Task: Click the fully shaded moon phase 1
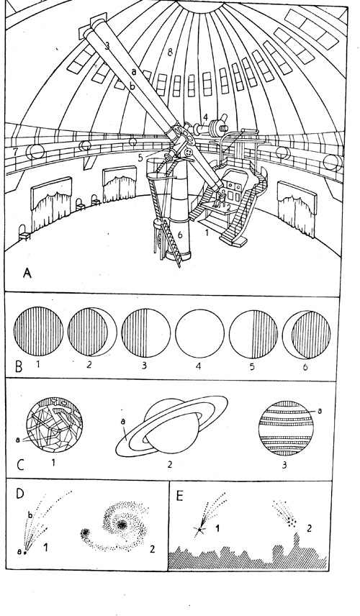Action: [x=38, y=332]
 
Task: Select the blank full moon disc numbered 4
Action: [x=199, y=333]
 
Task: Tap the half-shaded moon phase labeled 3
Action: [x=146, y=332]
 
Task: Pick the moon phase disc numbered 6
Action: [x=306, y=334]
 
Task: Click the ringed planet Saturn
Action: [x=172, y=427]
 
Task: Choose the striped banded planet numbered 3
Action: [x=286, y=428]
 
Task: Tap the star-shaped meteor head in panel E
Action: [x=200, y=530]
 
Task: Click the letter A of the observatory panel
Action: [x=27, y=273]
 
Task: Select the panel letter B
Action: [x=19, y=367]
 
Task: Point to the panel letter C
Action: [x=21, y=465]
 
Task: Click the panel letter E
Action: [x=179, y=496]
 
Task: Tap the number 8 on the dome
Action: [x=170, y=53]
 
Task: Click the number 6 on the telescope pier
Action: [x=180, y=235]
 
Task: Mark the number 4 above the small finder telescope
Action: [x=205, y=117]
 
